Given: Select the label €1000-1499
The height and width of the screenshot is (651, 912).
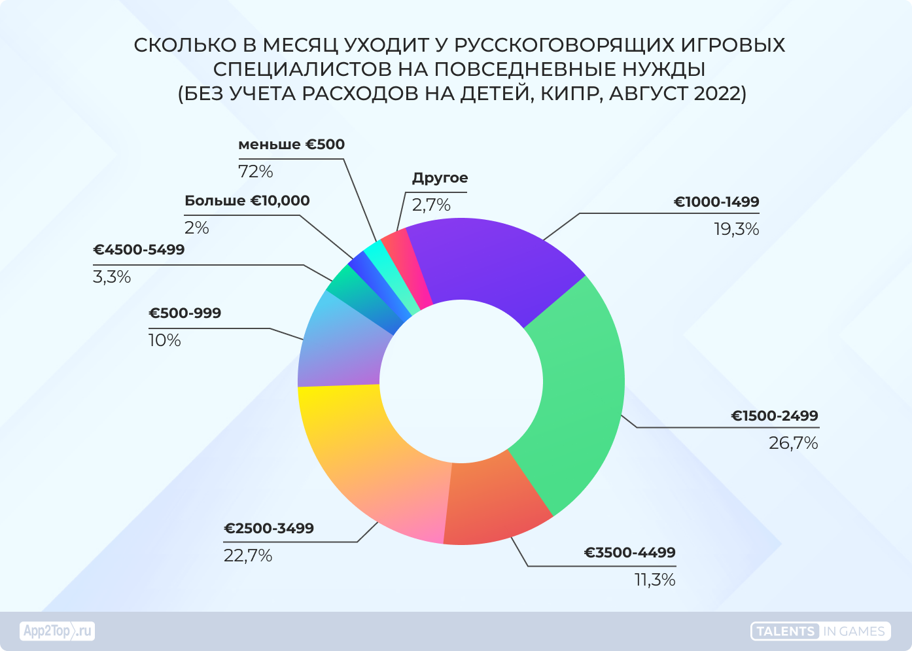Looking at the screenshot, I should coord(716,202).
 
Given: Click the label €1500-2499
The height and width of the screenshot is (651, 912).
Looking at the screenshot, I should coord(775,416).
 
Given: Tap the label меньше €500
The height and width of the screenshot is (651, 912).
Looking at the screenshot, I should coord(291,145).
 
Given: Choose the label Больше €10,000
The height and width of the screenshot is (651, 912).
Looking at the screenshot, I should coord(247,201).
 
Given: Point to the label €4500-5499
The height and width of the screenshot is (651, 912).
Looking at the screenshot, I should coord(139,250).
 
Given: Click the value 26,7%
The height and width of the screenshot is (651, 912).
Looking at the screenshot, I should coord(793,444).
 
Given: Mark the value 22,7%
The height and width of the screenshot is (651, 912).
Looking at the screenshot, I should coord(248,556).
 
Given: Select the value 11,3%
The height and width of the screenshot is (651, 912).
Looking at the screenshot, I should coord(655,580).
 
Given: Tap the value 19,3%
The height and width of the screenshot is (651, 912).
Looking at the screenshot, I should coord(736,230).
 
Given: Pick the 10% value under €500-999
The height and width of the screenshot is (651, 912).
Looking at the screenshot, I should coord(165,341).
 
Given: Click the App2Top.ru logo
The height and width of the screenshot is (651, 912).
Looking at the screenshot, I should coord(57,631).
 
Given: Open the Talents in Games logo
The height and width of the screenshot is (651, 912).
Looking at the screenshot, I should coord(820,631).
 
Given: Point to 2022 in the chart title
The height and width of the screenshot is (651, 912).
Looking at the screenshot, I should coord(716,94).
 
